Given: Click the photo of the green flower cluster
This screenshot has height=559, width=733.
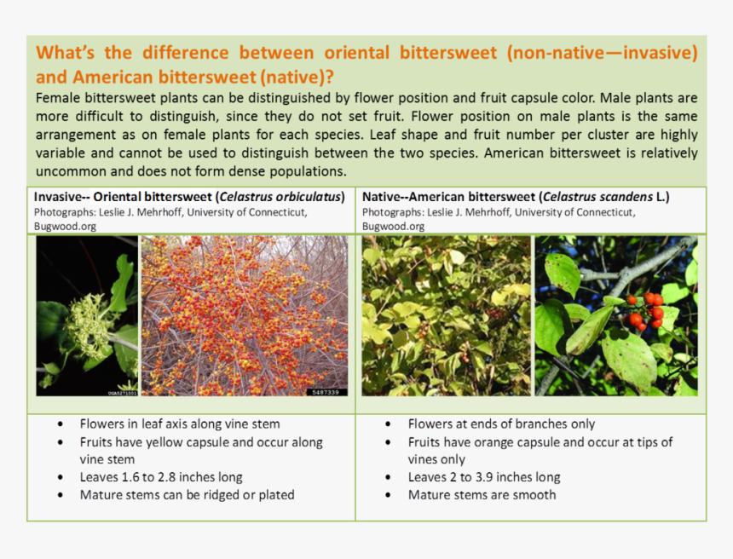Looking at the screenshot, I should point(86,316).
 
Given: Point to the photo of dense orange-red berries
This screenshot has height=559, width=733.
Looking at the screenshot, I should point(245,316).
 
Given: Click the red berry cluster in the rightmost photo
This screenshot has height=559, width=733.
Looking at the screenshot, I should point(644,311).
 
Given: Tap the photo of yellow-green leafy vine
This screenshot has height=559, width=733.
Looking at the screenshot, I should point(446,316).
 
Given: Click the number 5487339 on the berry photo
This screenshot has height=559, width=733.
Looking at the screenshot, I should point(326,391).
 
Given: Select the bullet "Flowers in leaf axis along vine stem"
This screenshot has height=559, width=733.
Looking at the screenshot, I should point(179,424).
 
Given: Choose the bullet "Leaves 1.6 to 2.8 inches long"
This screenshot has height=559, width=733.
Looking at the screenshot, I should point(161,477).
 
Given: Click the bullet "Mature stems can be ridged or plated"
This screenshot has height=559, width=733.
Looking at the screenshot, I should point(187,495).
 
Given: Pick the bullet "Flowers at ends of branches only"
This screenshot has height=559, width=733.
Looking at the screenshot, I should point(501,424).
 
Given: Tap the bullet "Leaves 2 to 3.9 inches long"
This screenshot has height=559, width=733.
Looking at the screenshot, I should point(483,477).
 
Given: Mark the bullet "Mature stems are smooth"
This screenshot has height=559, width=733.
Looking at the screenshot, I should point(482,495).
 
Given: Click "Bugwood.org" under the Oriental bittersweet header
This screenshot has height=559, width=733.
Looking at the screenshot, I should point(65,226).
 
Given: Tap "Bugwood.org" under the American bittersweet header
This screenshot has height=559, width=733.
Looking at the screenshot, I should point(393,226).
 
